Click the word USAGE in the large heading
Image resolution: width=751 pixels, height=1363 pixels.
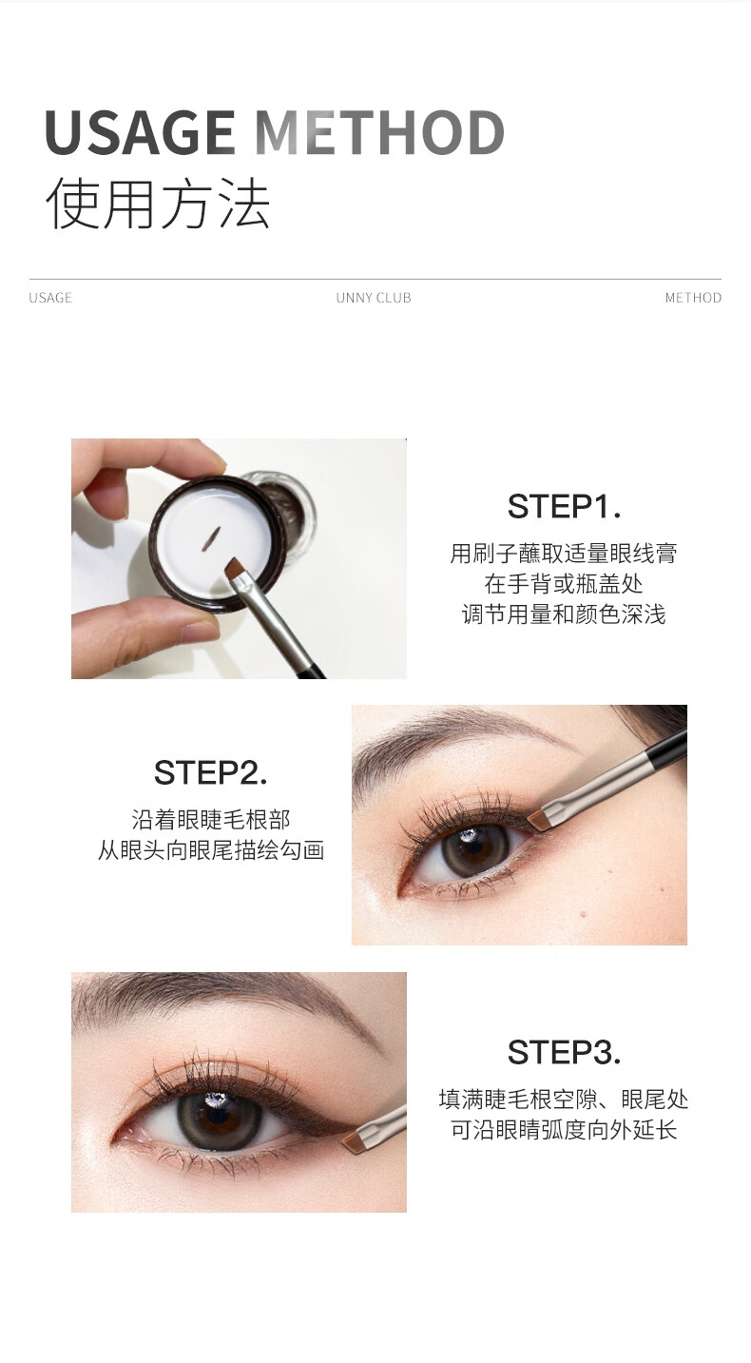(141, 132)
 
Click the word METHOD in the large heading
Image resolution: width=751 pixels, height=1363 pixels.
(379, 132)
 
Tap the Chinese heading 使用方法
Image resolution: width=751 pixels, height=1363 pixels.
(158, 204)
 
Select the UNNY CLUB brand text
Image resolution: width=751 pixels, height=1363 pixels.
(374, 298)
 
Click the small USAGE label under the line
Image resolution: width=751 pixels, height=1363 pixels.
(50, 298)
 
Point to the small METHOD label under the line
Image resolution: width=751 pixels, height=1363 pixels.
(693, 298)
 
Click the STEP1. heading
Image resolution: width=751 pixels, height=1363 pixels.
(565, 506)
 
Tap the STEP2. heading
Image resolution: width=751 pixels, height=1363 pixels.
(210, 772)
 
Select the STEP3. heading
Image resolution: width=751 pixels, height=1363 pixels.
(565, 1052)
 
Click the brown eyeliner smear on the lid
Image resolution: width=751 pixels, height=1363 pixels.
(212, 538)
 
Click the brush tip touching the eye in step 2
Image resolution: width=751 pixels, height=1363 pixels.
(537, 819)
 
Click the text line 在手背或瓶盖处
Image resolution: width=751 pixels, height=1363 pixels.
(564, 584)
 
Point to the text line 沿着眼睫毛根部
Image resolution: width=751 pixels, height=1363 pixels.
(210, 820)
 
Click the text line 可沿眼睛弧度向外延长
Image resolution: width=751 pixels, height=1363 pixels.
(564, 1130)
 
